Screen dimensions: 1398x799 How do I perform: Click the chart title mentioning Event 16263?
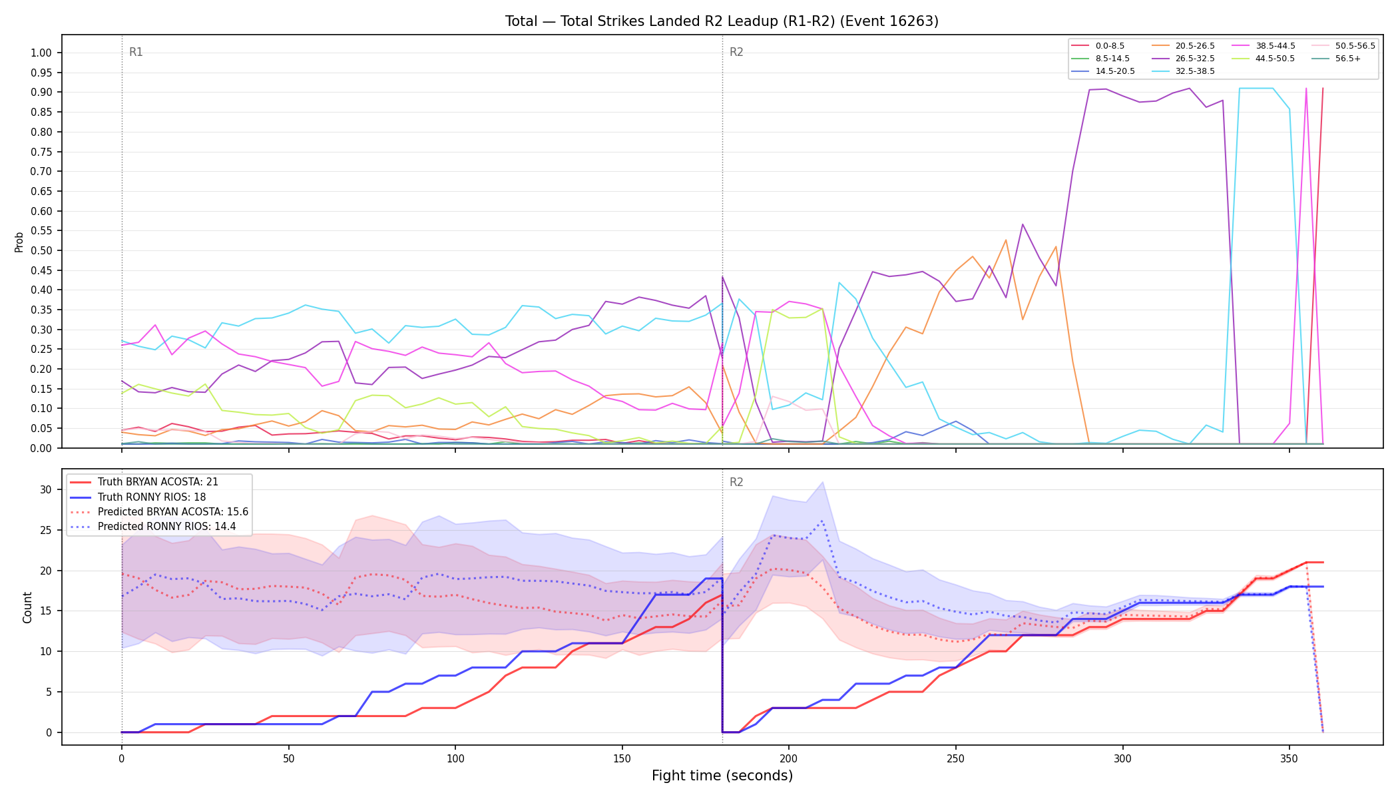722,21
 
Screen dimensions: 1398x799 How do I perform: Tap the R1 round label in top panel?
136,53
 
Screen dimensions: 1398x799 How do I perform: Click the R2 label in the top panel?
736,53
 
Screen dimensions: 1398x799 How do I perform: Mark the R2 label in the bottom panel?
736,483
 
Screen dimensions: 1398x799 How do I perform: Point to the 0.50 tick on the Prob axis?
41,251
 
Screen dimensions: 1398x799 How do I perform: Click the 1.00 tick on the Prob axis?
41,53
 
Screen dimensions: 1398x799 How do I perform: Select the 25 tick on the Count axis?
45,531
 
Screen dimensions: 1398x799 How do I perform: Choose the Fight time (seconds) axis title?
722,776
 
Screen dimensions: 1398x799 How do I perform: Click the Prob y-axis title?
19,242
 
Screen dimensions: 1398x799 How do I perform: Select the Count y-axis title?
27,607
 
